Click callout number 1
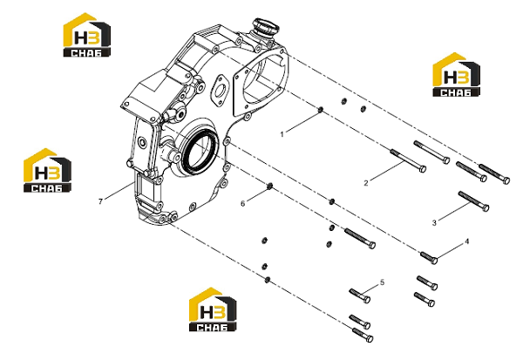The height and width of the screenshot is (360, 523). [282, 134]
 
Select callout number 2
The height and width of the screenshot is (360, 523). [366, 183]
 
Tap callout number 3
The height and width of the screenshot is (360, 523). [434, 222]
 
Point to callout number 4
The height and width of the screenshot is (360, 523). [467, 241]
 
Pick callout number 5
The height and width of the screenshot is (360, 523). [383, 282]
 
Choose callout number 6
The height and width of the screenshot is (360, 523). [243, 203]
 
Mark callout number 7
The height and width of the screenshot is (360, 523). [100, 201]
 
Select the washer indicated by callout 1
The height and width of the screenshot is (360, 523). [321, 110]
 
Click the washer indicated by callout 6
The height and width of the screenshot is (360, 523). [270, 187]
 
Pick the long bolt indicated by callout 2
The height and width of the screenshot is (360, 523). [408, 160]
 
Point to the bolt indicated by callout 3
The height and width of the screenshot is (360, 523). [473, 201]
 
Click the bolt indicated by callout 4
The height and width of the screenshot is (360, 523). [429, 257]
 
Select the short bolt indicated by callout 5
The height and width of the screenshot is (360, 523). [359, 295]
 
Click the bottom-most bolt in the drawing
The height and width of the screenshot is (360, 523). [363, 335]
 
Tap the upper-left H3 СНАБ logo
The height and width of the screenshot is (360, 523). [87, 35]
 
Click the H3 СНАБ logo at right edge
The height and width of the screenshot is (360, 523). [456, 75]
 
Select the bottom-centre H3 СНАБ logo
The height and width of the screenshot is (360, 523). [213, 309]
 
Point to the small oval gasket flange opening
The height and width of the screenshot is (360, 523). [220, 91]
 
